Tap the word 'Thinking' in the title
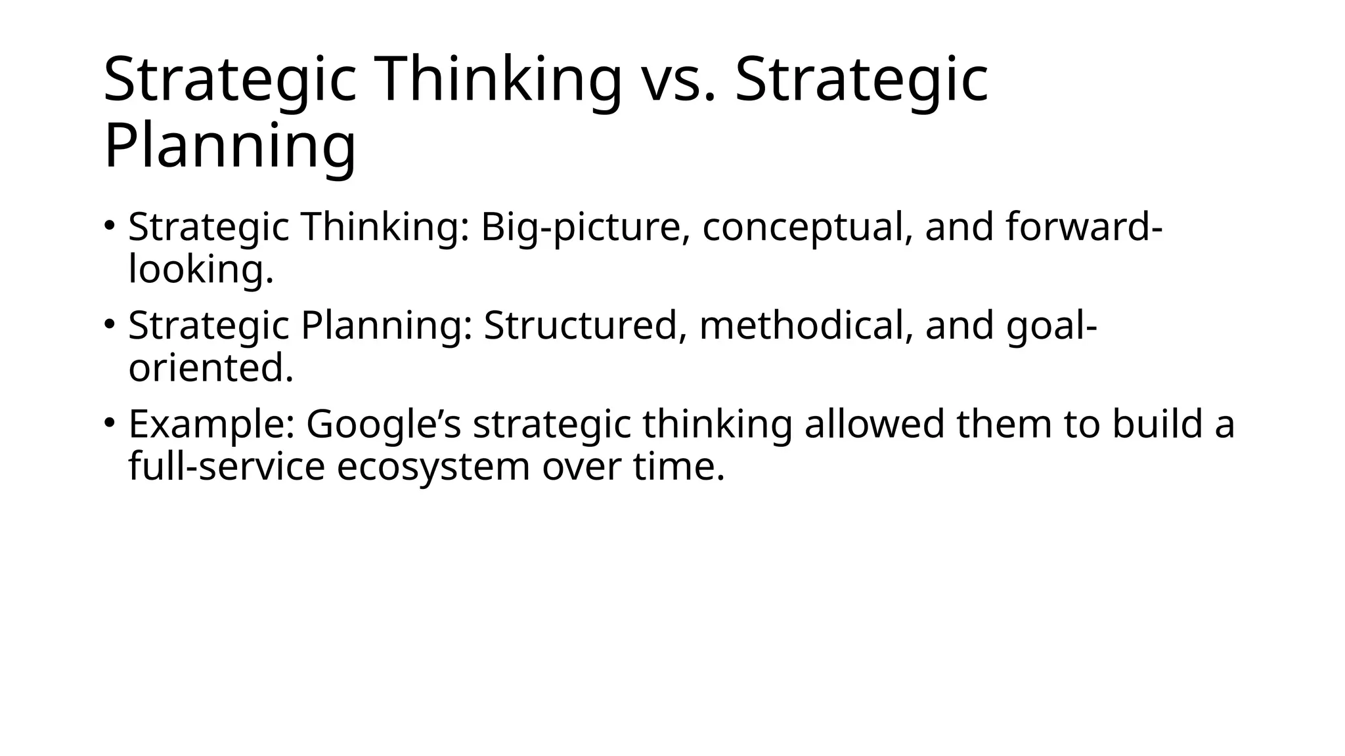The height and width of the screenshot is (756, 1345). (498, 80)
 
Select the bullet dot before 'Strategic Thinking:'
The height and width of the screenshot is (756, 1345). (110, 225)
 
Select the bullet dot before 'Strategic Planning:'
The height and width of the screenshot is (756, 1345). (110, 324)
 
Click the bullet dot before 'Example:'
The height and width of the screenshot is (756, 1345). (110, 422)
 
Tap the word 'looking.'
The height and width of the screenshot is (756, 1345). (200, 269)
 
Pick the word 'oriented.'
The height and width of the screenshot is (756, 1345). (211, 368)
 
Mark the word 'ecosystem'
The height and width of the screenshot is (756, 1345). (433, 467)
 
